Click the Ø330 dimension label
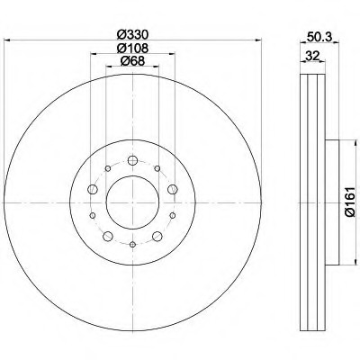pos(132,35)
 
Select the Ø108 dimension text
pos(132,48)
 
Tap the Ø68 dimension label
pos(132,61)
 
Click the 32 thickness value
pos(312,56)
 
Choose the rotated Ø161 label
pos(350,202)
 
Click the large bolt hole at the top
pos(132,160)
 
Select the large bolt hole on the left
pos(93,189)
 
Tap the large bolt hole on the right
pos(173,189)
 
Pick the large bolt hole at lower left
pos(108,236)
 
